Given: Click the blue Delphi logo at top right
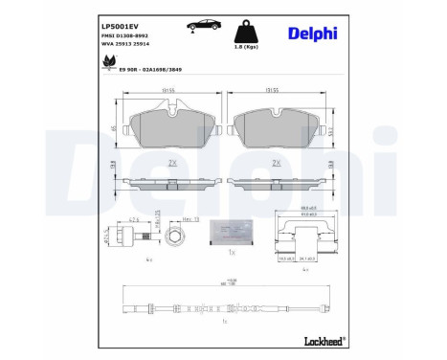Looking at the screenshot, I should click(313, 34).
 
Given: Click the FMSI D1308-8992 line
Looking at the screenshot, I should click(124, 35).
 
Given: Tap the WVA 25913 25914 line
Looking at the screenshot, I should click(125, 46).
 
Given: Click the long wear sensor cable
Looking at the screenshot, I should click(220, 308).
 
